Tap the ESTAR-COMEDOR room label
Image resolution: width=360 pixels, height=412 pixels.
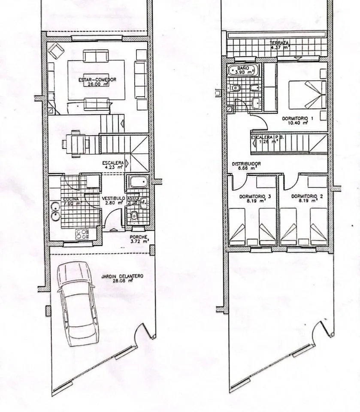point(97,80)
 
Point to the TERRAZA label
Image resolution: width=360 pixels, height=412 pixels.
point(279,43)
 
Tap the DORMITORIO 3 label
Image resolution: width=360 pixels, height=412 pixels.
point(255,197)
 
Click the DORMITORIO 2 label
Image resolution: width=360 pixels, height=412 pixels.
point(307,197)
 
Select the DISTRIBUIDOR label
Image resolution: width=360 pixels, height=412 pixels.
point(247,164)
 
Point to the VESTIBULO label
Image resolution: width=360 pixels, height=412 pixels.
point(113,198)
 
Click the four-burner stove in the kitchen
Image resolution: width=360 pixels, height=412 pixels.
point(83,233)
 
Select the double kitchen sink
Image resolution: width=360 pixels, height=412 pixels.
point(55,211)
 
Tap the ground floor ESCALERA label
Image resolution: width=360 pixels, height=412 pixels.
point(113,163)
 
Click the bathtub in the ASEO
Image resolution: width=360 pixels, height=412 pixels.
point(138,182)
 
